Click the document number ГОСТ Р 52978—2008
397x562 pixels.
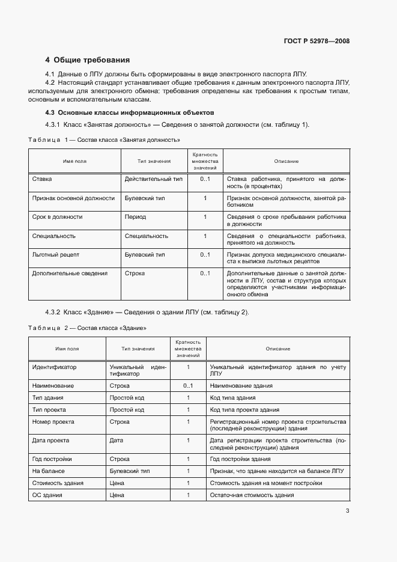(317, 41)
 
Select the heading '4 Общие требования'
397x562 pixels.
(88, 60)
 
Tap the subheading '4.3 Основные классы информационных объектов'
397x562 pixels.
(130, 112)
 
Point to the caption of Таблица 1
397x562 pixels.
(105, 139)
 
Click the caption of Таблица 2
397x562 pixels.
(88, 328)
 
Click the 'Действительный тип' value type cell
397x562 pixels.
(153, 179)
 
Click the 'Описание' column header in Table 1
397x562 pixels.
(286, 161)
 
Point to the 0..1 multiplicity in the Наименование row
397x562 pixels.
(188, 386)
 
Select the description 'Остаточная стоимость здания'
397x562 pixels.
(252, 495)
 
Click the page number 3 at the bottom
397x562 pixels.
(347, 512)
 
